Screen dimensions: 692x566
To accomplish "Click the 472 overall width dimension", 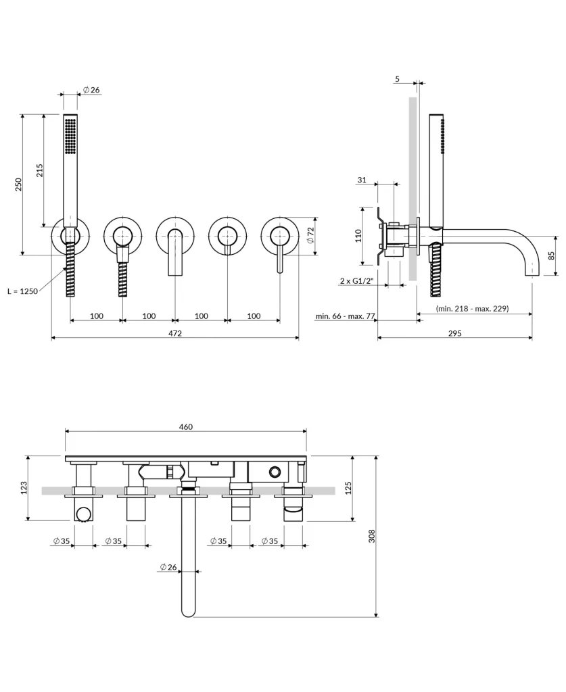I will click(175, 333).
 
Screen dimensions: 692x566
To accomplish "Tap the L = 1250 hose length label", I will click(22, 291).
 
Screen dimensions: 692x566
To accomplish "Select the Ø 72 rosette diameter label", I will click(310, 235).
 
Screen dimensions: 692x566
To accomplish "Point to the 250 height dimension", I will click(19, 184).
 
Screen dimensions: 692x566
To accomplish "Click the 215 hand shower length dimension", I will click(39, 170).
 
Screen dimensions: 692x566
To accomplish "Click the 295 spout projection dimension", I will click(454, 333).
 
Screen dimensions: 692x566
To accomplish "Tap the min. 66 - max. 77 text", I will click(345, 316).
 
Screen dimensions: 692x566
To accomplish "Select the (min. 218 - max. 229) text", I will click(472, 308).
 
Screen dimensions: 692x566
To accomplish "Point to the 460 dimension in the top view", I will click(185, 426).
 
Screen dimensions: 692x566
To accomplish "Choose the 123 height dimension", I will click(23, 487).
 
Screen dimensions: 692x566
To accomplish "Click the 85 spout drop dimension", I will click(552, 256).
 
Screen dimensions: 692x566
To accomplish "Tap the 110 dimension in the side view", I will click(359, 235).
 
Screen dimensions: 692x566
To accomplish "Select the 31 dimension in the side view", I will click(362, 180).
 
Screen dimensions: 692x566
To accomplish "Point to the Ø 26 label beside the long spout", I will click(168, 567).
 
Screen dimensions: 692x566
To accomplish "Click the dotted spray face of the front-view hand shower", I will click(70, 135).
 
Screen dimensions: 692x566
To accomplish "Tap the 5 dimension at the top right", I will click(397, 79).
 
